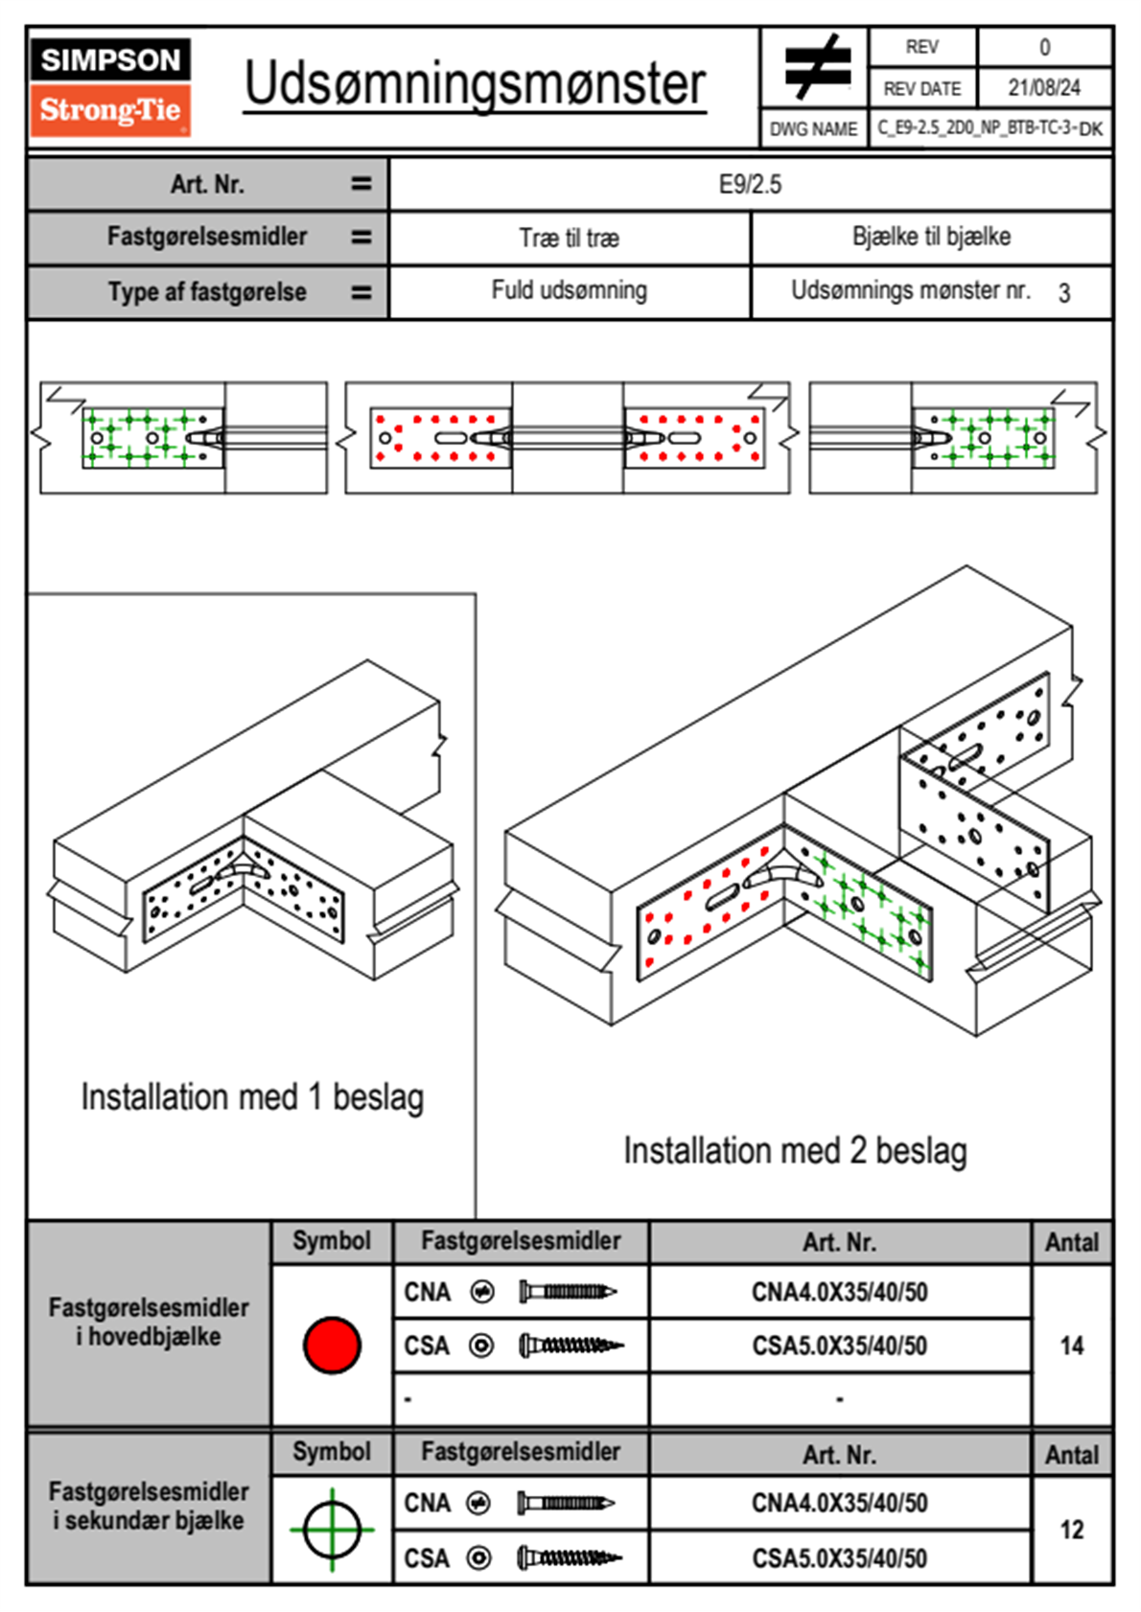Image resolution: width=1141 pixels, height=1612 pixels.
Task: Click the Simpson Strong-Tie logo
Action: pos(110,86)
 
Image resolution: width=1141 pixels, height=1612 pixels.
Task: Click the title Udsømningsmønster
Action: pos(475,84)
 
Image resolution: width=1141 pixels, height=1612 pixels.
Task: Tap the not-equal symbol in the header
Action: pos(817,67)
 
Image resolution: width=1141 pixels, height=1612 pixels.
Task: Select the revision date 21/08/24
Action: pos(1044,88)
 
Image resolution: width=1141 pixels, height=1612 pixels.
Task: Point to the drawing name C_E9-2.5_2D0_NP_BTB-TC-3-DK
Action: pos(990,128)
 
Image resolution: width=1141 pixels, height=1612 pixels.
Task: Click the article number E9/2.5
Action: pos(750,184)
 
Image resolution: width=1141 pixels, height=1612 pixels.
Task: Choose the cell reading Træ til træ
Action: pos(569,238)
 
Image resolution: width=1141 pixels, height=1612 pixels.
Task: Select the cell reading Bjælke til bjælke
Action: pos(931,237)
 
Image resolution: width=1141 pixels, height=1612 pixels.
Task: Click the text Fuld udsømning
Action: pos(569,290)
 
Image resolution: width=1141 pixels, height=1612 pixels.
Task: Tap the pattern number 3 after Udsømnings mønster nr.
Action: pos(1064,293)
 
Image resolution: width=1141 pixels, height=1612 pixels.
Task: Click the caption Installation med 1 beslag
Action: pos(252,1097)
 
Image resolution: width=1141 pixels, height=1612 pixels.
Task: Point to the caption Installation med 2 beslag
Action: pos(795,1151)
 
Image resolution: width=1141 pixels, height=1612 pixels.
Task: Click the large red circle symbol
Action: pos(332,1346)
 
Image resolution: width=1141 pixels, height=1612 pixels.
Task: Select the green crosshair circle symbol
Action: pos(332,1530)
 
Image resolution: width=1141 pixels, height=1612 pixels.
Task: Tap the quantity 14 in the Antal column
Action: pos(1072,1346)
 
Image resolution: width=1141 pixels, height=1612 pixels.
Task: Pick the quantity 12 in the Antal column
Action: pos(1072,1530)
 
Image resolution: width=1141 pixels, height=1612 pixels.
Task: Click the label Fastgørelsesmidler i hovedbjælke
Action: pos(149,1322)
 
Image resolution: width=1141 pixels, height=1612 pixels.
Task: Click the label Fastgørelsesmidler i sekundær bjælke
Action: pos(149,1506)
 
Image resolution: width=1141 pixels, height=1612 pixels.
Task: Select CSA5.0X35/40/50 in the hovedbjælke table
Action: pos(839,1347)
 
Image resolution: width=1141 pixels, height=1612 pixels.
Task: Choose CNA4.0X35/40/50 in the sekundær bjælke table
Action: pos(839,1503)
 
